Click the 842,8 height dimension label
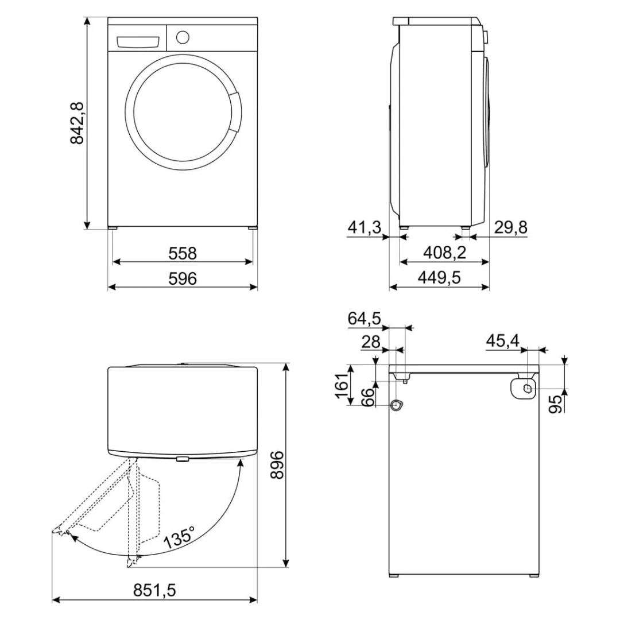point(77,123)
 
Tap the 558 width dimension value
point(183,254)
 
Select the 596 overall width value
point(183,279)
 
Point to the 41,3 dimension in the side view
point(364,227)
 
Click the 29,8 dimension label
point(510,227)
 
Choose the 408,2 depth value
point(444,252)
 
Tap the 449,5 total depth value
point(439,278)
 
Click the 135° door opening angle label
point(179,537)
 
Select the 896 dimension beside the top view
point(277,464)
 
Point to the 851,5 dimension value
point(154,590)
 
